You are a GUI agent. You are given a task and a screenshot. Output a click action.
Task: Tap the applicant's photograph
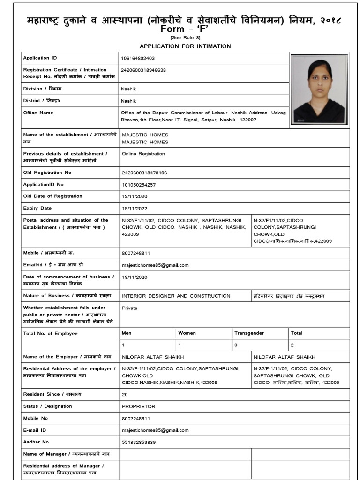pos(319,89)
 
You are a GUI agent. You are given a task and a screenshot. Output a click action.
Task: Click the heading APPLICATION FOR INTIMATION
pos(185,46)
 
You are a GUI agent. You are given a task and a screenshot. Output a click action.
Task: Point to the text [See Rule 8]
pos(181,38)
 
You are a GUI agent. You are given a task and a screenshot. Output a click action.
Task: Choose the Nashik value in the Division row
pos(128,89)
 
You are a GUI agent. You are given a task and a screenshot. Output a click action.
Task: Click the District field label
pos(42,101)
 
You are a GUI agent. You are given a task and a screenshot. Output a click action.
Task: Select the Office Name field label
pos(38,112)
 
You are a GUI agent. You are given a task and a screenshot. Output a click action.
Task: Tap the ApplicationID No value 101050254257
pos(139,184)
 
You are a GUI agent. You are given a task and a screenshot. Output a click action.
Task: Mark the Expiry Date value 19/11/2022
pos(135,208)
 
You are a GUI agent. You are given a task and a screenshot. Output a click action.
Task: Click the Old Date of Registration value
pos(135,196)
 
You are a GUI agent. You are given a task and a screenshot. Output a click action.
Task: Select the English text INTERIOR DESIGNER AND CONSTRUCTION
pos(176,296)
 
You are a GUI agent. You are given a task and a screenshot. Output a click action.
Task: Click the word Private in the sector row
pos(129,308)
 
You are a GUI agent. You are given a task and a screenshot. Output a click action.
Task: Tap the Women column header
pos(187,333)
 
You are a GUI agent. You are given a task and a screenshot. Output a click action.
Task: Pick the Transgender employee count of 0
pos(236,345)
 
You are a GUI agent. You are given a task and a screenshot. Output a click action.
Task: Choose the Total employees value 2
pos(292,345)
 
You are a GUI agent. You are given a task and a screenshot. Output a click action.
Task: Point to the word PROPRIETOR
pos(138,406)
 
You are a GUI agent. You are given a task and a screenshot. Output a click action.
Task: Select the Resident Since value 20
pos(125,395)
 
